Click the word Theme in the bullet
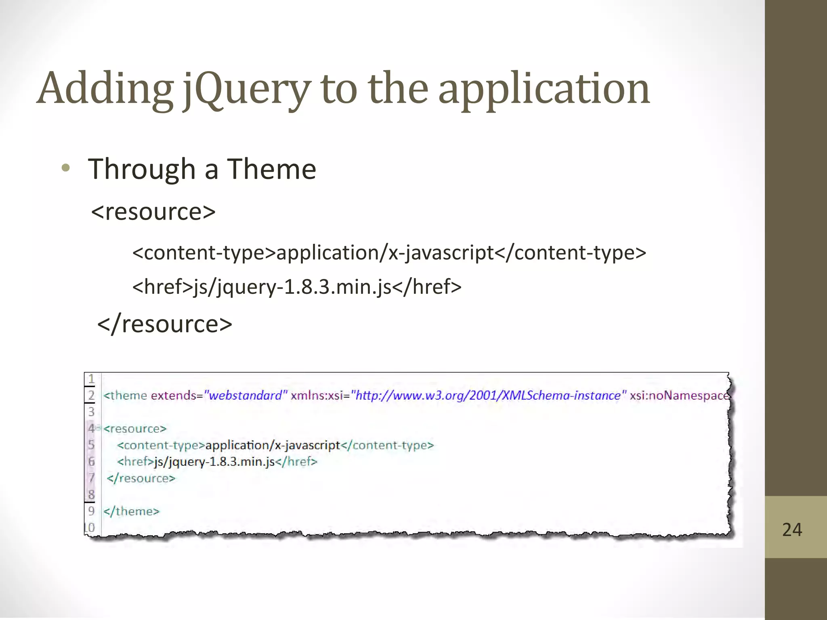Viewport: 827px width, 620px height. point(271,169)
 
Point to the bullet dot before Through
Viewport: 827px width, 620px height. point(66,168)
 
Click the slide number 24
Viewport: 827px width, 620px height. point(792,530)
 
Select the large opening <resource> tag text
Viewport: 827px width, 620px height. point(153,212)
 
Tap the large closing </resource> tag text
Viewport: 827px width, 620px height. point(165,324)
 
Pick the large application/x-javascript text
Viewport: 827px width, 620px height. point(385,253)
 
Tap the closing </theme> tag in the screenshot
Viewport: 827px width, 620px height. point(132,511)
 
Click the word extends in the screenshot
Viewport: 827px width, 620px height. point(174,395)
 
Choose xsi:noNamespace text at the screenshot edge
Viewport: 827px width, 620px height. point(680,395)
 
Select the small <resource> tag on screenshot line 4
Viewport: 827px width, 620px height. point(135,429)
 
